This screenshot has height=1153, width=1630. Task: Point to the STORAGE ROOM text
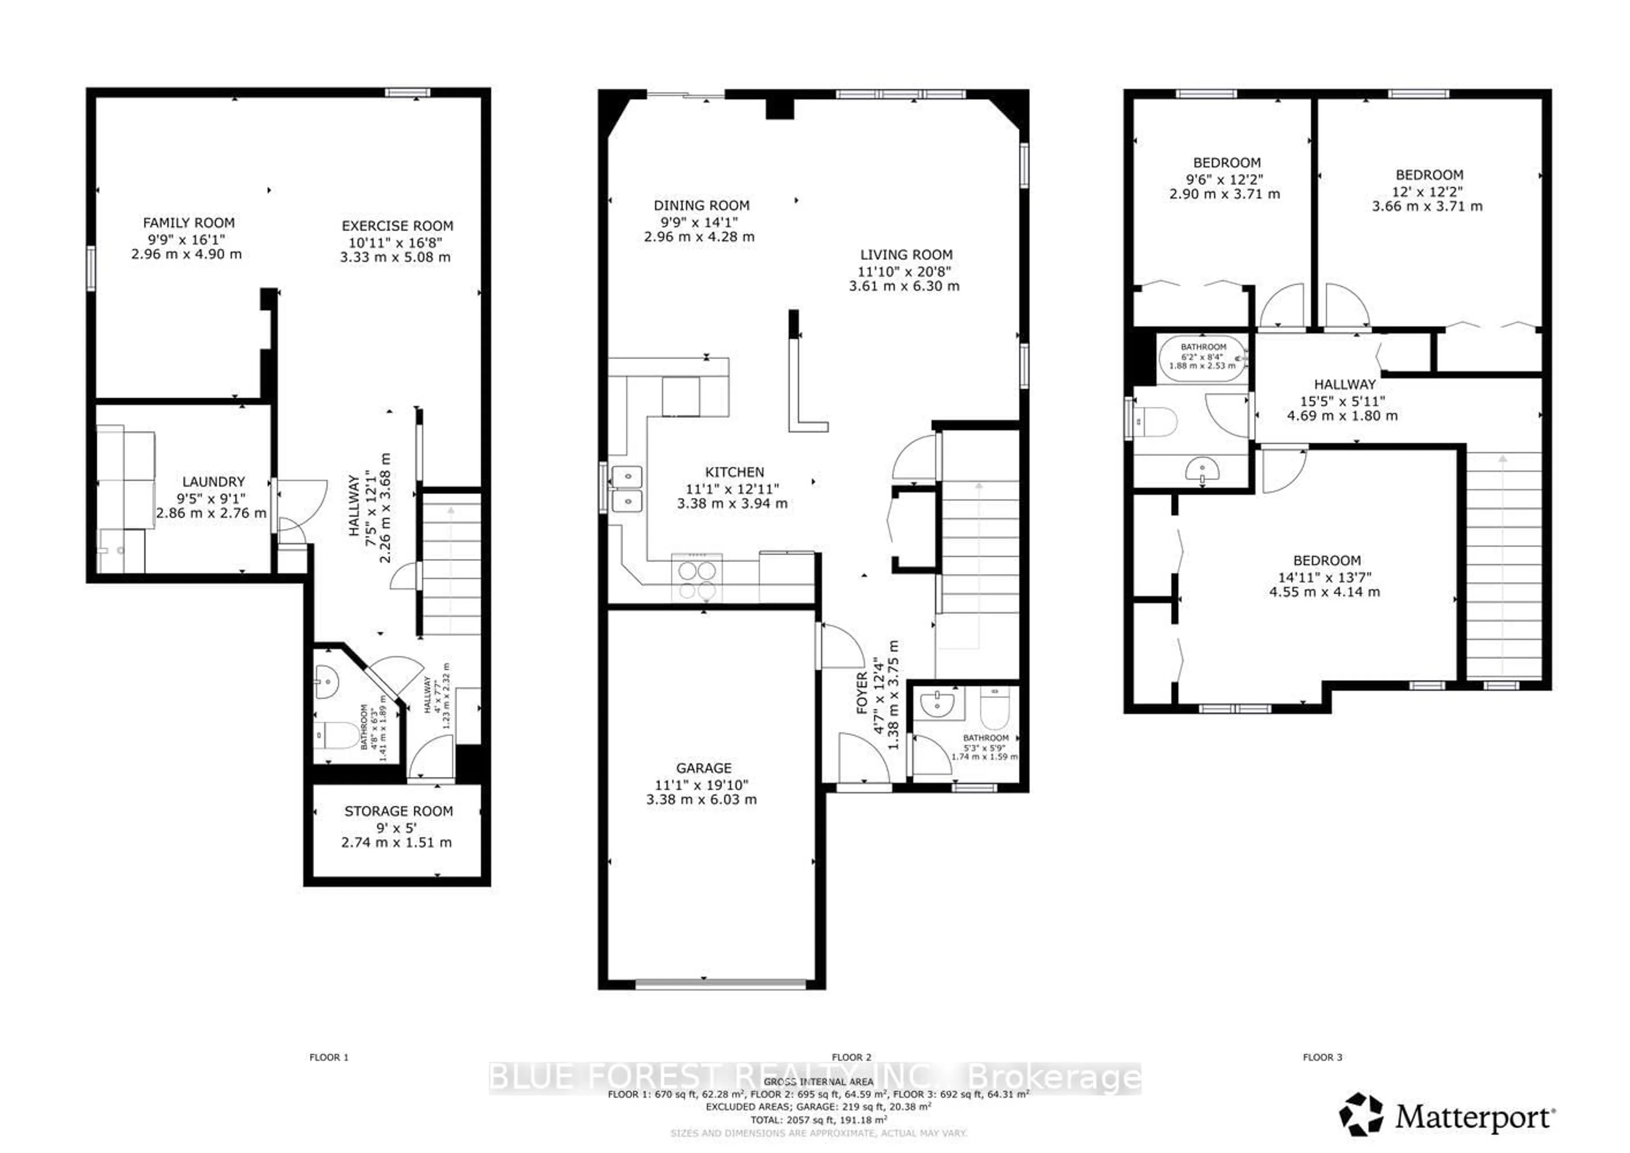(398, 811)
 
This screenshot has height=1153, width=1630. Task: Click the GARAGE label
(703, 768)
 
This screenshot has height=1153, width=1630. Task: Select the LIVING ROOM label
(906, 255)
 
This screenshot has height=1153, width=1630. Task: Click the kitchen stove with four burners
(697, 579)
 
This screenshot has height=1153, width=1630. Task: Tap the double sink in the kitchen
(627, 489)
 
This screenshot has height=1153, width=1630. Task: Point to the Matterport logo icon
(1361, 1113)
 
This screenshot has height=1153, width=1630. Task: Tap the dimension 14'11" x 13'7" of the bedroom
(1325, 577)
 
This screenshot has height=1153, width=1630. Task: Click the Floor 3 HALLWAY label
(1344, 384)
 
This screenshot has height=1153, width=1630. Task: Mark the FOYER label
(862, 692)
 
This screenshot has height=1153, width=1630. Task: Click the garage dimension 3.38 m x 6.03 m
(701, 799)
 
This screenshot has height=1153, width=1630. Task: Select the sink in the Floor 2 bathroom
(938, 704)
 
